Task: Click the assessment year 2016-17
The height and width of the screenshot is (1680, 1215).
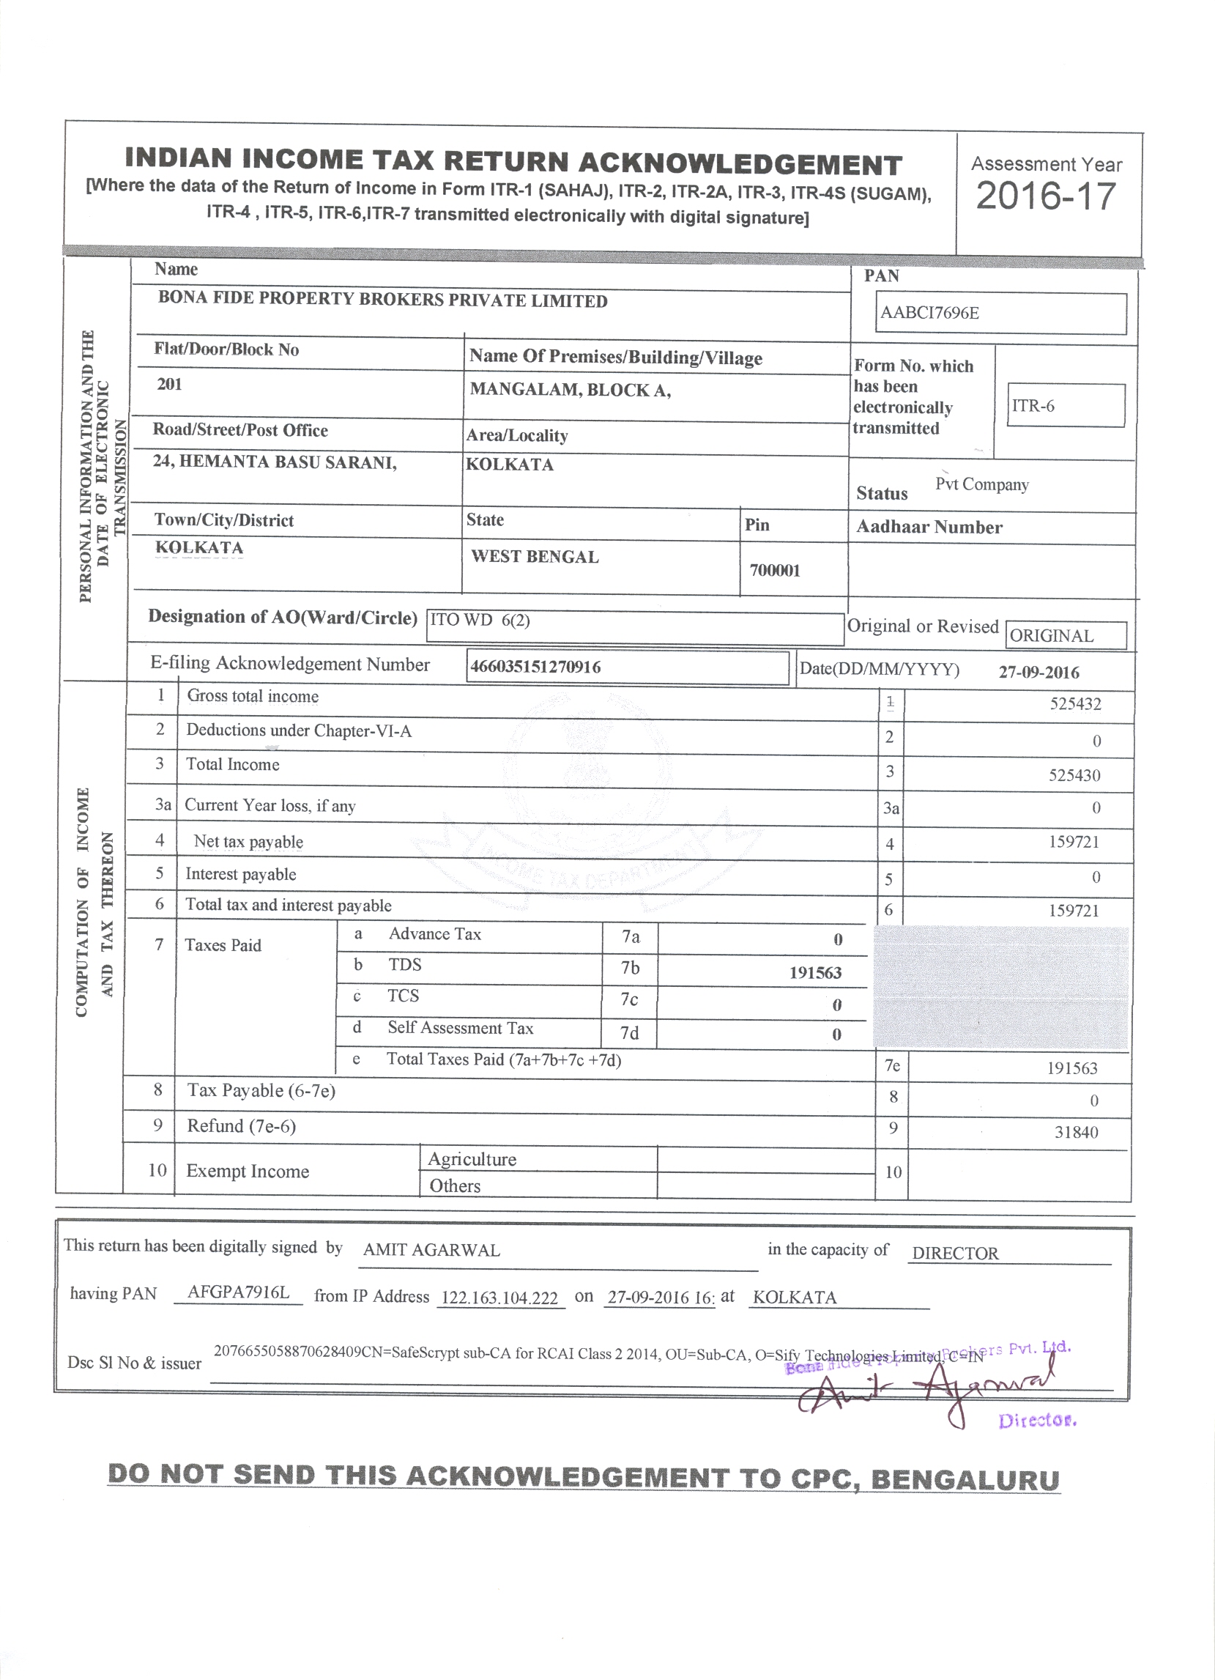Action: point(1045,197)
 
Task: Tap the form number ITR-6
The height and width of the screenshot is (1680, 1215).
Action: point(1033,406)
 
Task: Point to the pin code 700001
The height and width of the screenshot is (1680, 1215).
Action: point(774,570)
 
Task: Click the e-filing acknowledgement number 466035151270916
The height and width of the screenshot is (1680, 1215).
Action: point(535,667)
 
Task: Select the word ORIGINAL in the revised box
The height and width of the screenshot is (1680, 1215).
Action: point(1052,636)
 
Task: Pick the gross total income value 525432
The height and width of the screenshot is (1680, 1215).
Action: point(1075,703)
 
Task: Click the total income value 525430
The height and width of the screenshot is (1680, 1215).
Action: point(1074,776)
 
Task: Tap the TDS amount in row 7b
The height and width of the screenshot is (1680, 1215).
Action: point(814,973)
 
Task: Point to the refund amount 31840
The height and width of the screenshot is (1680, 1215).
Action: point(1076,1133)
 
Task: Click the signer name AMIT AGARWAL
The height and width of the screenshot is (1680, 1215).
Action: point(431,1251)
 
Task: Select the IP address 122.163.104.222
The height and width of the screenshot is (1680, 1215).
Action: point(499,1298)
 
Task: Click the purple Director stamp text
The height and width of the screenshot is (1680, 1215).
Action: point(1036,1421)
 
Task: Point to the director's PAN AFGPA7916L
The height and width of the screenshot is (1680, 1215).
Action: point(238,1292)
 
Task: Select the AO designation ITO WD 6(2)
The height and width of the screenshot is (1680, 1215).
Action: point(480,620)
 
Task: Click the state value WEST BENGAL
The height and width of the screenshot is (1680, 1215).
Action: point(535,557)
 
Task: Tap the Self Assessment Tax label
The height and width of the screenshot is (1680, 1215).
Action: point(460,1028)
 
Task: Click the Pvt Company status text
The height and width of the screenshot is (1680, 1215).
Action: point(982,484)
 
